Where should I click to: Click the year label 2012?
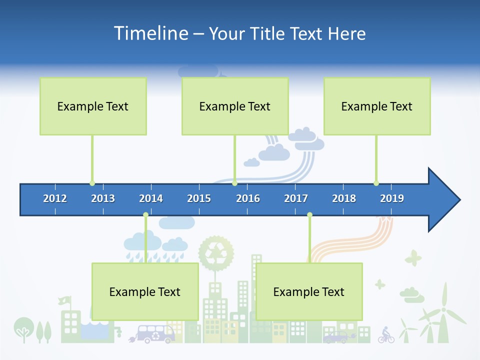click(x=55, y=198)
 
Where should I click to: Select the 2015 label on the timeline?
click(x=199, y=198)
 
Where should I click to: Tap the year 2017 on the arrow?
click(x=296, y=198)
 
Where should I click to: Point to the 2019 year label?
click(x=392, y=198)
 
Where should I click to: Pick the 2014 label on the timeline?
click(x=151, y=198)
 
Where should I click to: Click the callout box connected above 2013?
click(x=93, y=106)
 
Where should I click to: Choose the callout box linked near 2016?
click(x=235, y=106)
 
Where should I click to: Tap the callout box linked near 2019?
click(x=377, y=106)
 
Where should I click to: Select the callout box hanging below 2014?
click(x=145, y=291)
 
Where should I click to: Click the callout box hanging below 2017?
click(x=309, y=291)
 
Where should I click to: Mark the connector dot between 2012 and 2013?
click(x=92, y=183)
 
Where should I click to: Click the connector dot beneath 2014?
click(x=145, y=215)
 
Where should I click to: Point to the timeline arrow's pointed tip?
click(x=459, y=200)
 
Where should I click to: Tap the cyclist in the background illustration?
click(x=385, y=335)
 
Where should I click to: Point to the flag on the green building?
click(x=64, y=300)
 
